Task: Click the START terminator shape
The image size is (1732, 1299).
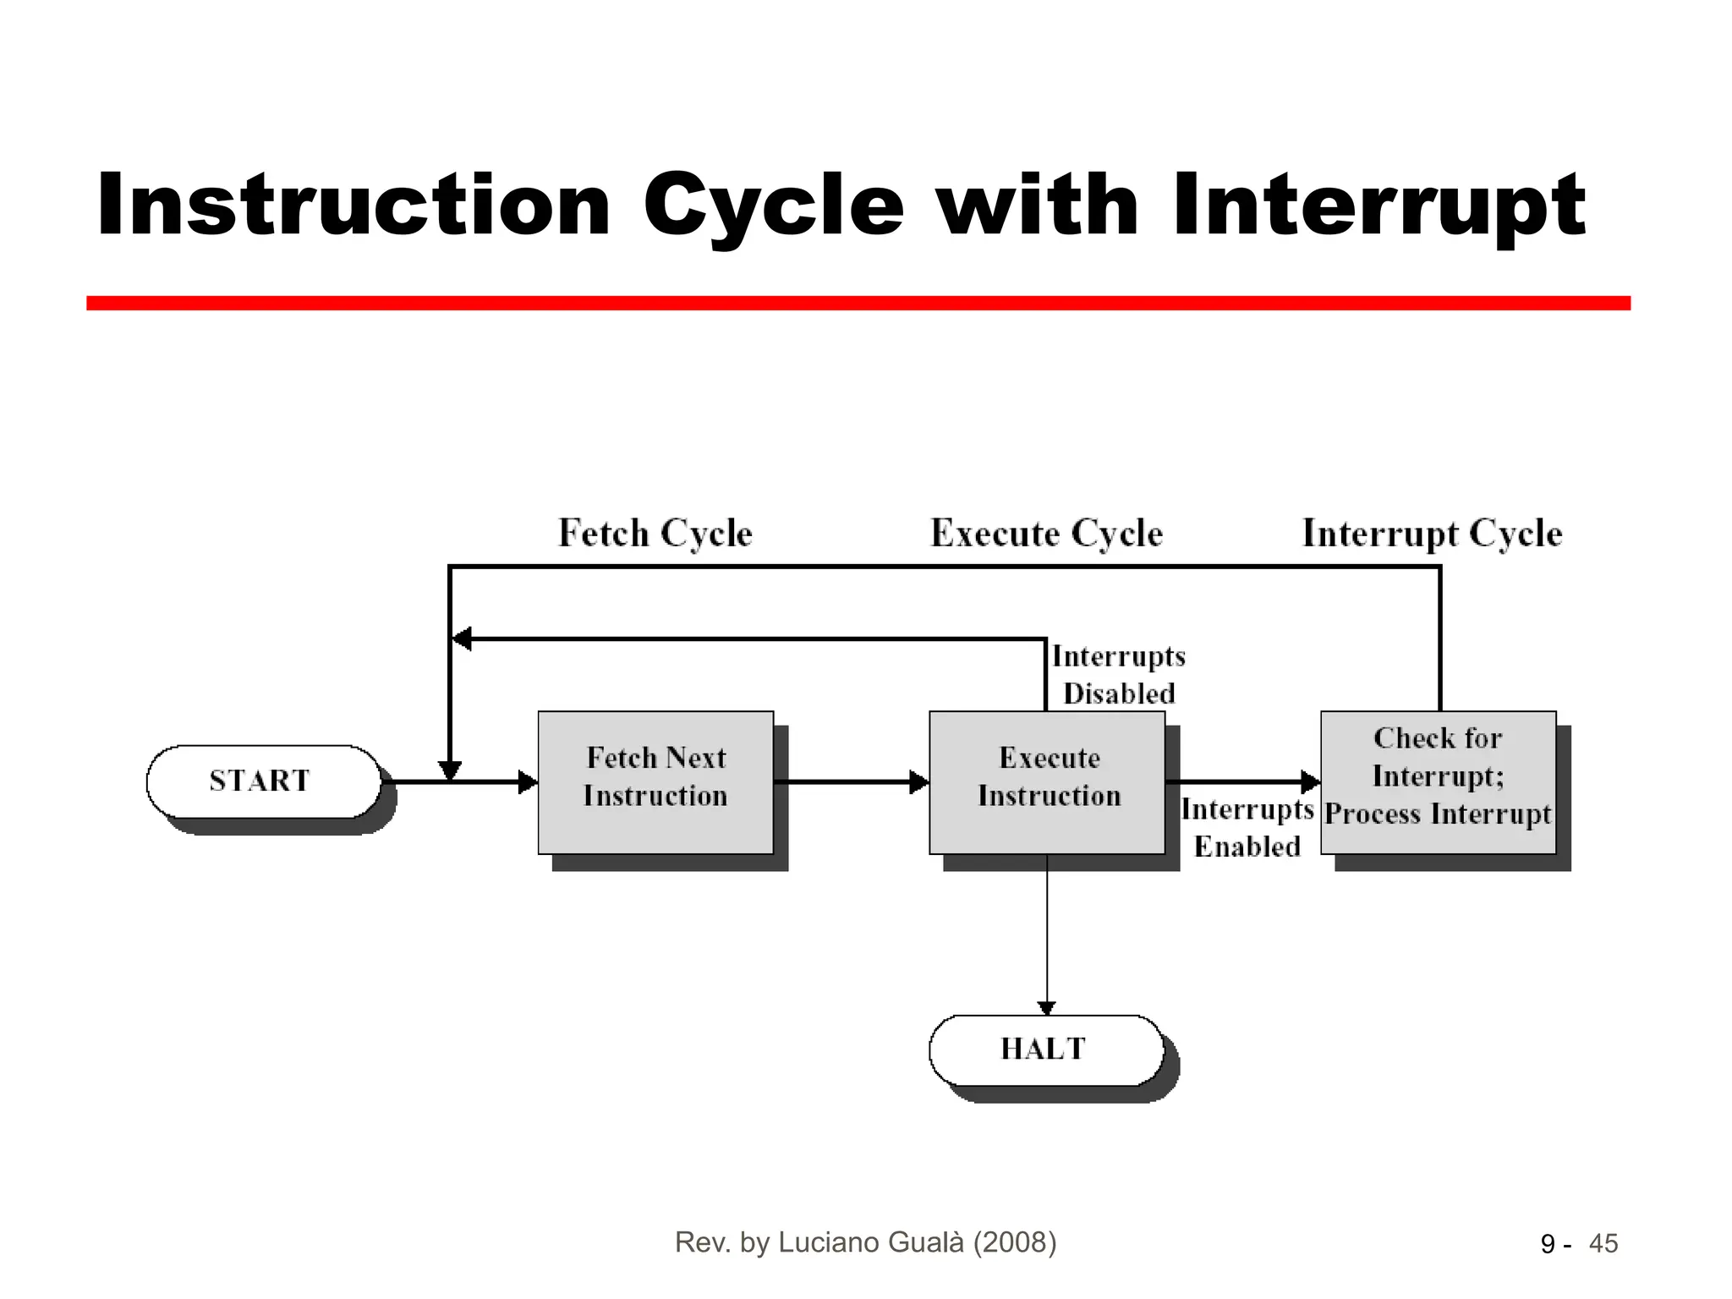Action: click(x=262, y=781)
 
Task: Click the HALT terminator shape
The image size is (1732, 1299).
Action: click(x=1045, y=1050)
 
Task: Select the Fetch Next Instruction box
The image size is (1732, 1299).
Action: click(x=655, y=781)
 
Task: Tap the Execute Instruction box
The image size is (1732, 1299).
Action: click(x=1047, y=781)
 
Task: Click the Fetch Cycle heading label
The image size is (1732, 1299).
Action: click(x=655, y=534)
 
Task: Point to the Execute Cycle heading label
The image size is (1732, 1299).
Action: click(x=1046, y=534)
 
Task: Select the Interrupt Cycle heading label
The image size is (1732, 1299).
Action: click(x=1432, y=534)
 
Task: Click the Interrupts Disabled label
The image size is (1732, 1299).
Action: click(x=1118, y=675)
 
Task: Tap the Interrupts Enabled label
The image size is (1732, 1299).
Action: click(x=1247, y=828)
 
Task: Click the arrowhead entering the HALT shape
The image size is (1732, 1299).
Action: click(x=1047, y=1008)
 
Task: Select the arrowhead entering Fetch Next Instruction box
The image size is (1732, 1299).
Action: click(x=529, y=782)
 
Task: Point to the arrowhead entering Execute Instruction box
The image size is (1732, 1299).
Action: click(x=919, y=782)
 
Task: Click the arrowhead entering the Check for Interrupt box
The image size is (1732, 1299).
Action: click(x=1311, y=782)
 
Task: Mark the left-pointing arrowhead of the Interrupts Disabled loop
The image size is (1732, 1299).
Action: click(x=462, y=639)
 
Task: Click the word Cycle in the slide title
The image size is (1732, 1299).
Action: click(x=773, y=206)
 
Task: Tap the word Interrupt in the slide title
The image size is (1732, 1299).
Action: click(x=1378, y=206)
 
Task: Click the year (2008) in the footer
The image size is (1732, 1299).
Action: click(x=1015, y=1242)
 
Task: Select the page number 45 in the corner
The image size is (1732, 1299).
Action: click(x=1603, y=1244)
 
